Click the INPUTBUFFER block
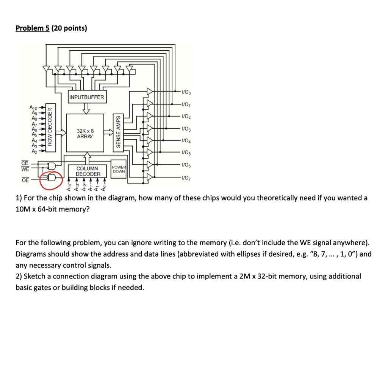(x=86, y=97)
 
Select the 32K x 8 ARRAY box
(x=86, y=133)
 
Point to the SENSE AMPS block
(x=118, y=131)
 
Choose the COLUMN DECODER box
(x=88, y=171)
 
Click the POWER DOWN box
(x=118, y=169)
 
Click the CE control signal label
(x=25, y=163)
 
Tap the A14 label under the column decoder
(x=69, y=188)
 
